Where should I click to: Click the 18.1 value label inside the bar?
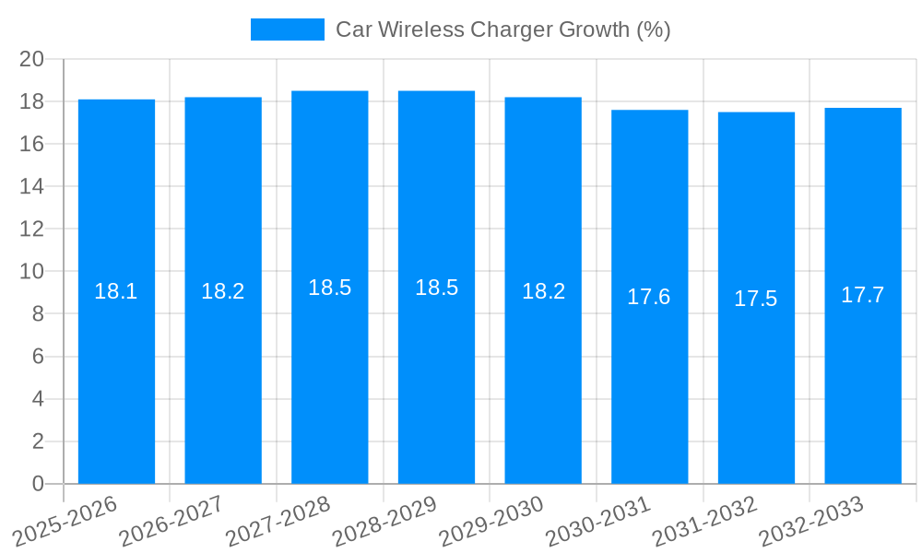116,291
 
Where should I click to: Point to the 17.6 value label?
649,297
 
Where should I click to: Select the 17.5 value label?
756,299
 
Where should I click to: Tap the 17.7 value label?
863,295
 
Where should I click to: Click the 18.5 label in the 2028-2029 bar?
436,288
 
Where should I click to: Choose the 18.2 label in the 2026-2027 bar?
223,291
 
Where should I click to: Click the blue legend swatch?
287,29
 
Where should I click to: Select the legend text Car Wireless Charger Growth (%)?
502,29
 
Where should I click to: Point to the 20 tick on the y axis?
32,59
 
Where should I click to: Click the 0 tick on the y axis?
38,484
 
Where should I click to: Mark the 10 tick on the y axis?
32,271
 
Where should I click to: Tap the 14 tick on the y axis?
32,186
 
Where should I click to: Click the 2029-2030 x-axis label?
491,522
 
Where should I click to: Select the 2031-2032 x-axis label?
705,522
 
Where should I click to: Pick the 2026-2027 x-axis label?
171,522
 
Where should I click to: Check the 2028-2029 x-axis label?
384,522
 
